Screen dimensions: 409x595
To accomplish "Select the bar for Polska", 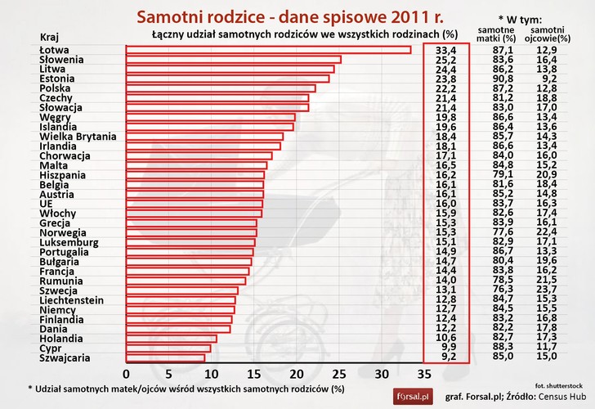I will click(x=221, y=88).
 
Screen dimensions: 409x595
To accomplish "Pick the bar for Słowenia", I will click(x=233, y=60).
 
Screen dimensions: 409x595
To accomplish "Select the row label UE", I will click(x=46, y=204).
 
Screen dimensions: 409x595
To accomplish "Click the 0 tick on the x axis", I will click(x=127, y=375).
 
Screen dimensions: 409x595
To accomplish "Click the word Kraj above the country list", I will click(x=49, y=37).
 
